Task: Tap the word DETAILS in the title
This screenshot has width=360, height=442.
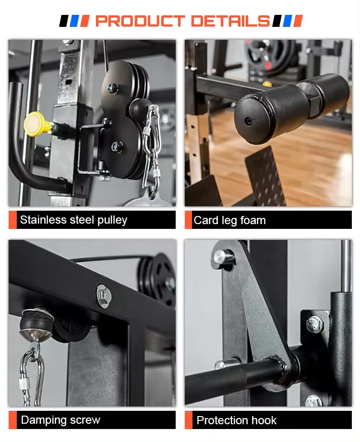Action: coord(230,21)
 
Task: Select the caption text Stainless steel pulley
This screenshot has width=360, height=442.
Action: coord(73,220)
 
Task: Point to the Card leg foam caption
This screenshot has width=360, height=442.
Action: coord(229,221)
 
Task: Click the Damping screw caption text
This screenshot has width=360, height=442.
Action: coord(60,420)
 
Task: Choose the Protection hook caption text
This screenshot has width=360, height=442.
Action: coord(237,420)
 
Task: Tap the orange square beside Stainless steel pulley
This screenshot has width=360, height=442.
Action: coord(12,220)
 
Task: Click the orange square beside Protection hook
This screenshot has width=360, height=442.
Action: coord(189,420)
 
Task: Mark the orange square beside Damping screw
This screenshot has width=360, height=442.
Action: coord(12,420)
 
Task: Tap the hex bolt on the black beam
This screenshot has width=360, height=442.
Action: coord(104,293)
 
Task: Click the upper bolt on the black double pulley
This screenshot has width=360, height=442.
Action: coord(114,88)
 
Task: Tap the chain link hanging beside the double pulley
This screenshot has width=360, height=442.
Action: coord(150,144)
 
